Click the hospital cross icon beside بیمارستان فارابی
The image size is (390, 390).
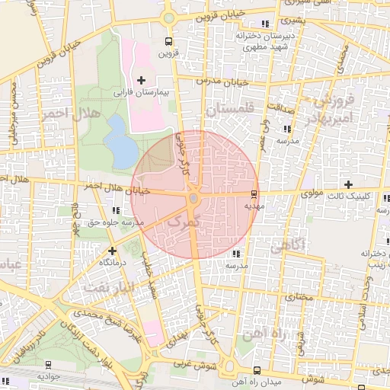tap(141, 80)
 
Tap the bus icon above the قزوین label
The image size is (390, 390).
tap(168, 42)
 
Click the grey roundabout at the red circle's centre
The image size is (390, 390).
tap(194, 198)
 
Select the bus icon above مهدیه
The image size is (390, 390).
tap(254, 195)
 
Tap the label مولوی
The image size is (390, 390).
tap(312, 195)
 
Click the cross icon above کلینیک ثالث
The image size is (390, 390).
tap(349, 184)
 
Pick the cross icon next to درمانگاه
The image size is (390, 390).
tap(113, 250)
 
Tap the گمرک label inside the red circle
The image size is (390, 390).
tap(181, 222)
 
